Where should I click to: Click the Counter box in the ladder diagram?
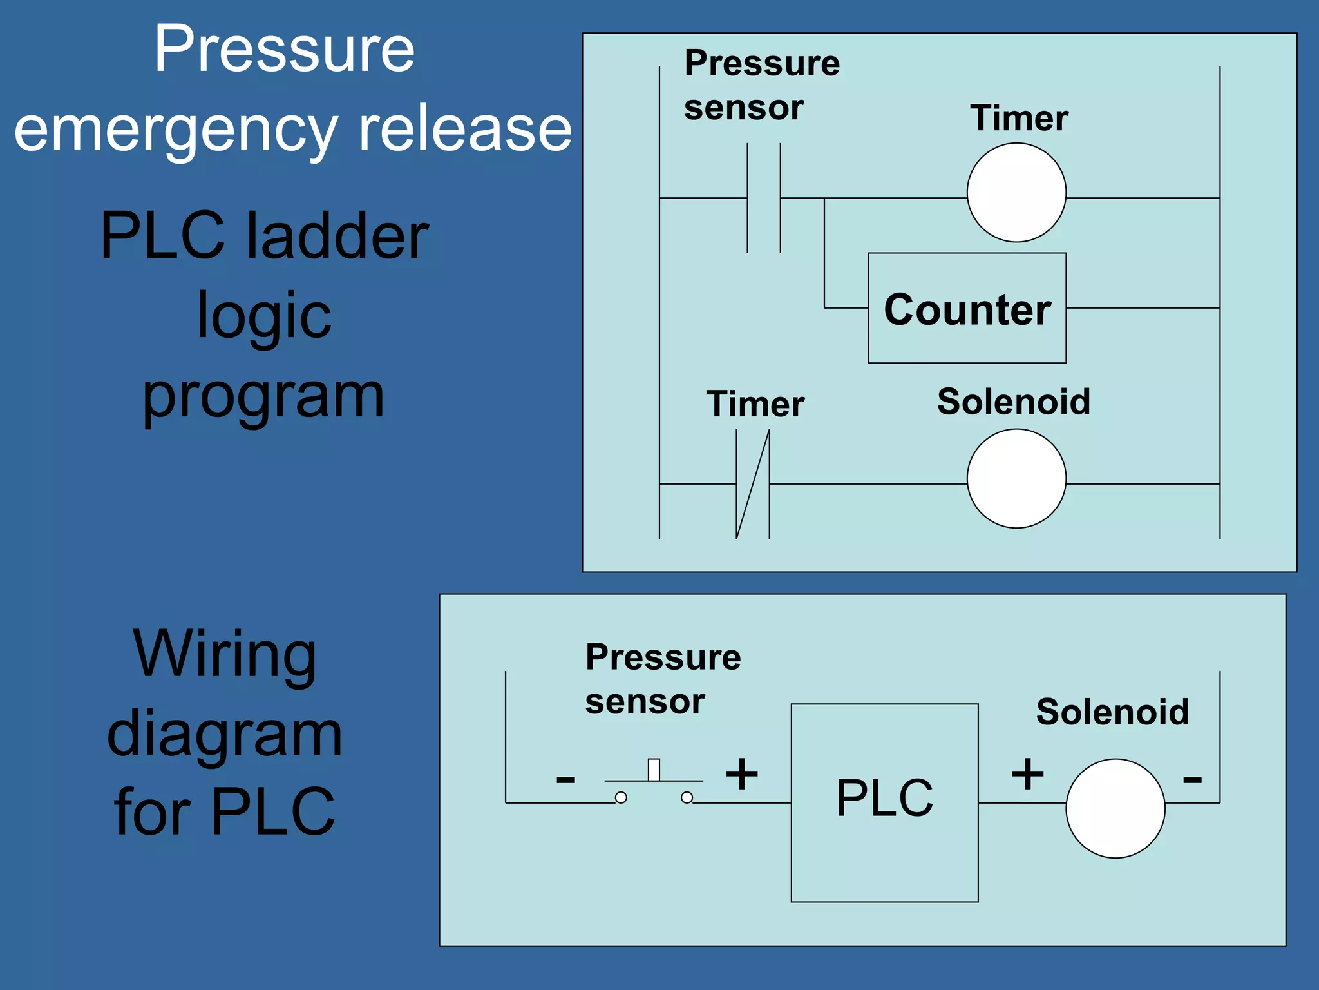point(967,308)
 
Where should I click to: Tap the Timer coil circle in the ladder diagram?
point(1016,193)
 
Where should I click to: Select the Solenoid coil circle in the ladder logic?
point(1016,479)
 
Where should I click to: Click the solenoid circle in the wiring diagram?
point(1115,808)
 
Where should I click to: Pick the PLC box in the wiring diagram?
point(884,802)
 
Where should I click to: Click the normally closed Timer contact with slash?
point(753,483)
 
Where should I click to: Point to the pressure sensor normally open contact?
point(764,198)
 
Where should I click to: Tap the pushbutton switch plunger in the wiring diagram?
point(654,770)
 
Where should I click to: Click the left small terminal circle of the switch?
point(621,798)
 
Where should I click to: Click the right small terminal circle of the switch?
point(687,798)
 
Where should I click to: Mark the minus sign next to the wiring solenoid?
point(1192,780)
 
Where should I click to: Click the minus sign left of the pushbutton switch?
point(565,780)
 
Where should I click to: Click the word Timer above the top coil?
point(1019,119)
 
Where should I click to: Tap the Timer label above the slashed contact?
point(755,405)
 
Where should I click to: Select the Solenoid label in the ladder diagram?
point(1014,402)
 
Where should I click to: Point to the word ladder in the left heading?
point(337,237)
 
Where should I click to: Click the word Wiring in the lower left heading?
point(225,654)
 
